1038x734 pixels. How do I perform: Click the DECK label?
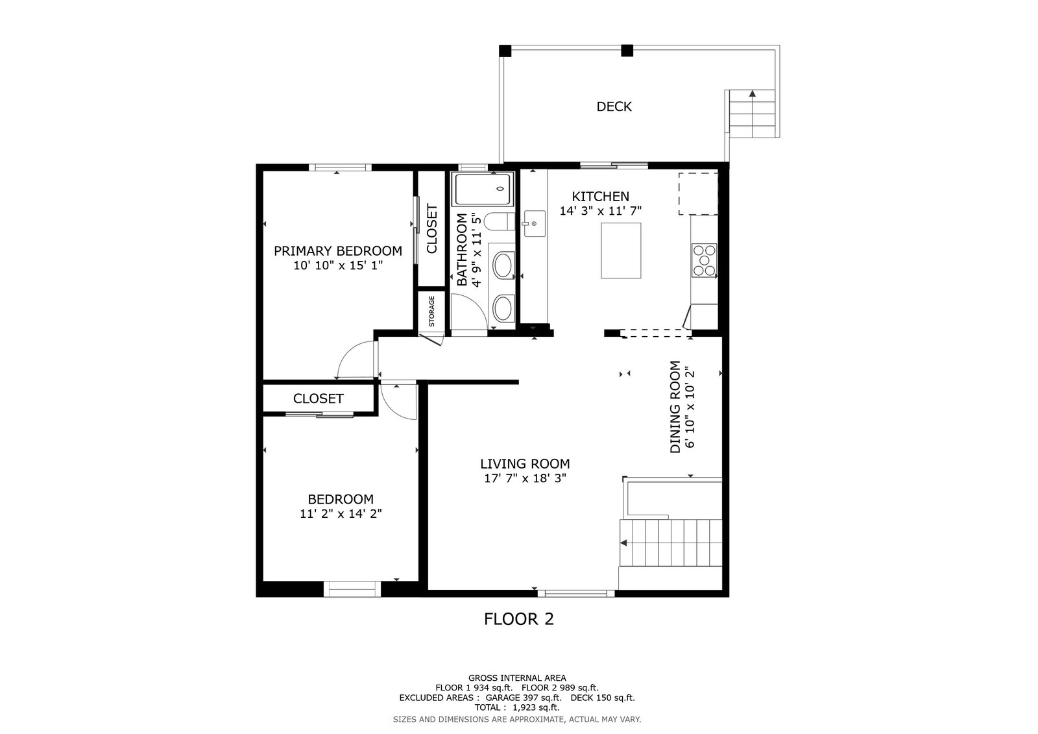tap(614, 106)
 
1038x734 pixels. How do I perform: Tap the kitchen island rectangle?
tap(621, 251)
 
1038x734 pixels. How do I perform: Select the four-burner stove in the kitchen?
tap(704, 260)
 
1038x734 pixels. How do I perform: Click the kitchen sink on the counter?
tap(535, 223)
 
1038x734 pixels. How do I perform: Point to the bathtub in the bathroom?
tap(484, 189)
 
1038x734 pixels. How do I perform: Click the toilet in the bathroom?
tap(500, 221)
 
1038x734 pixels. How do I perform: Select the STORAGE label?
tap(431, 311)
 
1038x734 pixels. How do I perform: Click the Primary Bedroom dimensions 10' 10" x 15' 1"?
tap(338, 265)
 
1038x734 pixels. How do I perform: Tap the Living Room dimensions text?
tap(525, 478)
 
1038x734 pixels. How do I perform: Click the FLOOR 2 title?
tap(518, 619)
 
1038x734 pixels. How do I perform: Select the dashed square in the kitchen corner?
tap(698, 194)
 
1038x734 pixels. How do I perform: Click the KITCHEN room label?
tap(600, 197)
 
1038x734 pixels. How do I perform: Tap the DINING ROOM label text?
tap(675, 407)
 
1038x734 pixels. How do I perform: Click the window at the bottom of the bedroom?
tap(352, 589)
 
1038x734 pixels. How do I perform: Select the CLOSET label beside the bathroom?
tap(431, 228)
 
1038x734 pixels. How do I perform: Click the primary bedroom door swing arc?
tap(353, 356)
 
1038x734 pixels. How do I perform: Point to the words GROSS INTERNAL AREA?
tap(517, 678)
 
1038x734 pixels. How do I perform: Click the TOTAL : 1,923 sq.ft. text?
tap(517, 707)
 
